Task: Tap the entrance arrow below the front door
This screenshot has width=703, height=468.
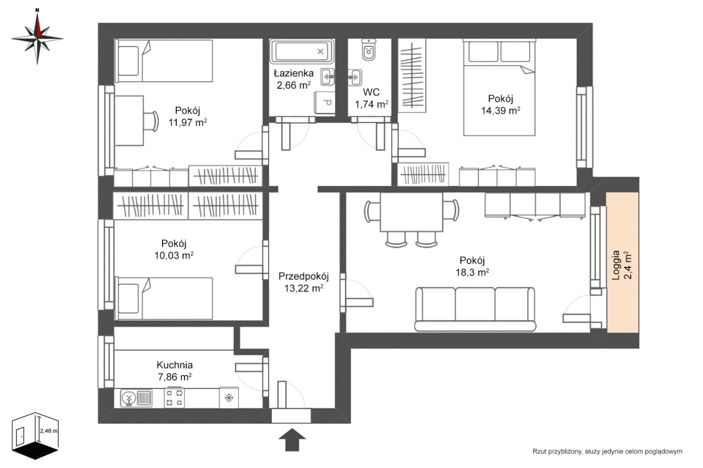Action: [292, 439]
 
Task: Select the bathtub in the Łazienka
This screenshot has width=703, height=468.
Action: [302, 52]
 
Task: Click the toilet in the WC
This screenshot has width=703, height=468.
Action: [369, 49]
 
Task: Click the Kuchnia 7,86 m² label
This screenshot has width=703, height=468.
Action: [175, 371]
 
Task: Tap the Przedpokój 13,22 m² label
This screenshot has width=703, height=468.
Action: [304, 282]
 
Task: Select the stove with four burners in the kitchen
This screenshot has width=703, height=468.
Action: [174, 398]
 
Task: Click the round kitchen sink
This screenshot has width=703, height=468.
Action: [129, 398]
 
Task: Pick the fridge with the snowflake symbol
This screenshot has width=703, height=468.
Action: [229, 397]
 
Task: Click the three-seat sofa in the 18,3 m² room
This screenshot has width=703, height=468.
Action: [475, 309]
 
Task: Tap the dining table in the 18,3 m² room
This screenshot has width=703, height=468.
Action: [411, 212]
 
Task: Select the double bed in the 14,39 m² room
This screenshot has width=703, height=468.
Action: [499, 87]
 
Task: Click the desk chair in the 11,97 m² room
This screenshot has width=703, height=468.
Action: [151, 121]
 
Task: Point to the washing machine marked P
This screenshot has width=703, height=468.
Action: [325, 103]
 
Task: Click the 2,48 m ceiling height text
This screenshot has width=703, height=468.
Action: [49, 431]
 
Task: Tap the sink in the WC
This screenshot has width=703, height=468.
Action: [355, 77]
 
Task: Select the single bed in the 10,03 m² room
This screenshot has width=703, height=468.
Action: [164, 298]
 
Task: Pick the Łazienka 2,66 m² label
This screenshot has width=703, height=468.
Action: [293, 79]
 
